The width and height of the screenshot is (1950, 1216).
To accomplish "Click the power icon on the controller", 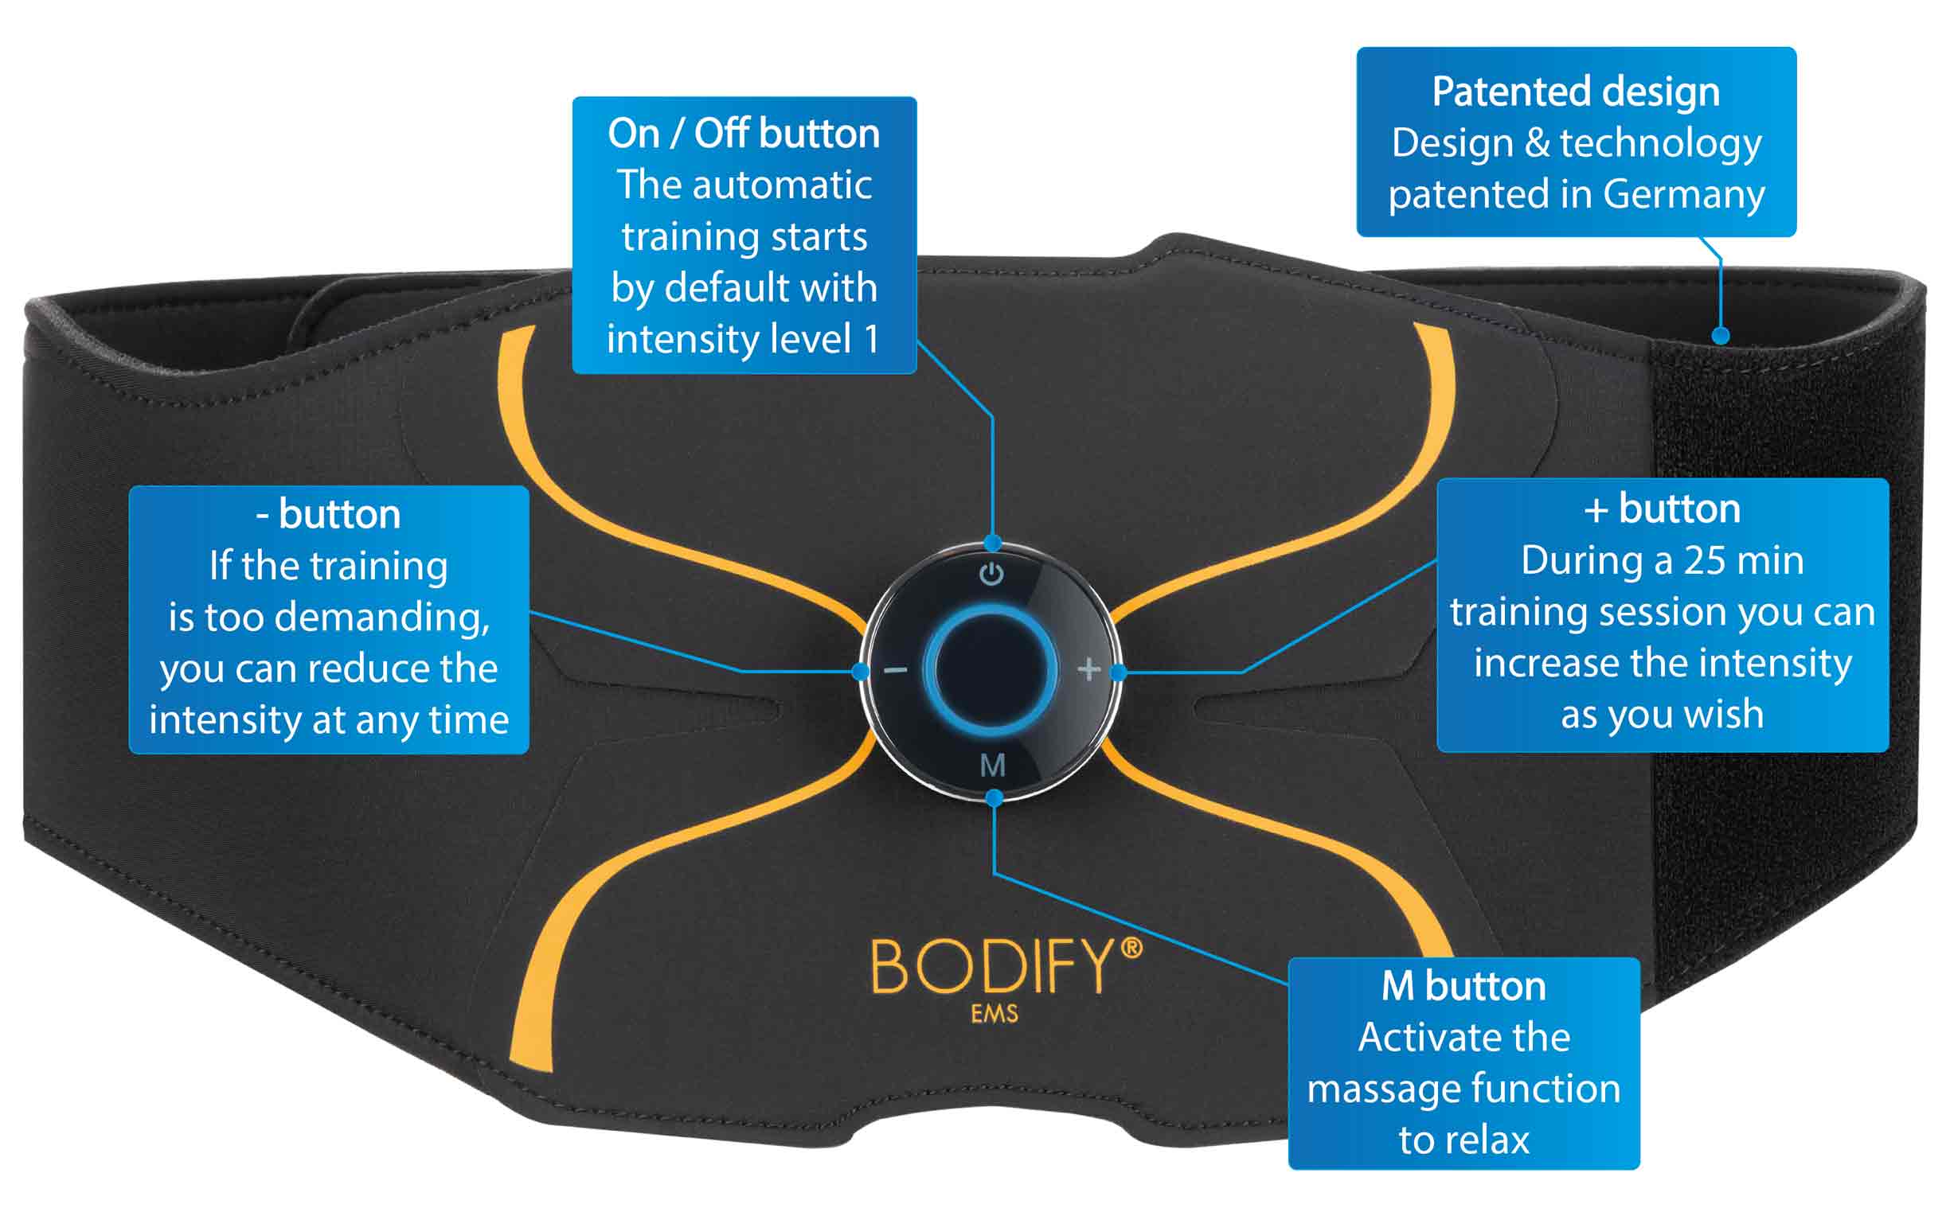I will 991,575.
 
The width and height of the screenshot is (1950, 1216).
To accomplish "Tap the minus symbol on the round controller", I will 895,669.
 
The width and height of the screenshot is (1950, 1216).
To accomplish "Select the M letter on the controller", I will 993,765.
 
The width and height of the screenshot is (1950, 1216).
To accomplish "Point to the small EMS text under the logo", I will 994,1014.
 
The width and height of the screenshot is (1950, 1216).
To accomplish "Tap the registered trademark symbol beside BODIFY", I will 1131,948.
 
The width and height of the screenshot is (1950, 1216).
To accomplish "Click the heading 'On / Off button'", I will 744,134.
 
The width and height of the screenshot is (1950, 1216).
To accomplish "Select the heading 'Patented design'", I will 1575,92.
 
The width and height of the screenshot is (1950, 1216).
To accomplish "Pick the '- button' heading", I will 328,514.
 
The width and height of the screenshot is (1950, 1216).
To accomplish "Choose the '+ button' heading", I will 1662,509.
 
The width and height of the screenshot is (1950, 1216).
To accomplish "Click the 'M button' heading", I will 1463,986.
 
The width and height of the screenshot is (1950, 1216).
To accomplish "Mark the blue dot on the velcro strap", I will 1720,335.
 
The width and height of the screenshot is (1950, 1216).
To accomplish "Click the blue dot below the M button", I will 995,797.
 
